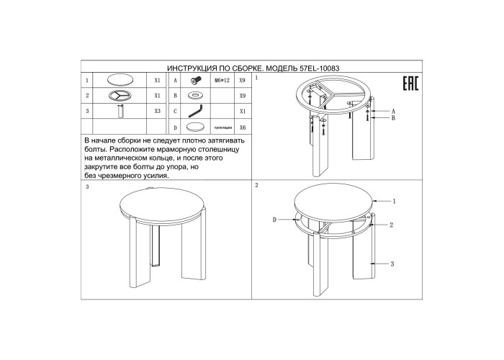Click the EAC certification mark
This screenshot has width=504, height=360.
coord(410,84)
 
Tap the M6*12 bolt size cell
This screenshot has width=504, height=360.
coord(222,81)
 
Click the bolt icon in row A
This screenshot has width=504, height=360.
coord(195,81)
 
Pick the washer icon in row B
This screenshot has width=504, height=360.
coord(195,96)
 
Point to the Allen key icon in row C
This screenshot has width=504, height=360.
coord(196,111)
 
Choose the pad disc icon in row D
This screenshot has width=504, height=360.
coord(196,127)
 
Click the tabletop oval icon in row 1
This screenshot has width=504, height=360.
coord(120,80)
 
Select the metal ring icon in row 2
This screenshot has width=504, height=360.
coord(120,95)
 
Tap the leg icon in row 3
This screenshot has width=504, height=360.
coord(120,111)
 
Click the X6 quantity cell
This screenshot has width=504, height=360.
coord(243,127)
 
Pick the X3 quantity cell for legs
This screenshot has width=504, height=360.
coord(157,111)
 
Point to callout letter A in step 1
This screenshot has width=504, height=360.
coord(393,112)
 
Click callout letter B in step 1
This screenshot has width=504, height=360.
coord(393,118)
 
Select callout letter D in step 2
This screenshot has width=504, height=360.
coord(274,220)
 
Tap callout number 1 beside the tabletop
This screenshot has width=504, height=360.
coord(395,201)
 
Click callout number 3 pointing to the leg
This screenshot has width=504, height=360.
coord(392,264)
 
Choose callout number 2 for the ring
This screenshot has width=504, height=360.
coord(391,225)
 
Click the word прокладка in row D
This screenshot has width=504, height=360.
coord(222,128)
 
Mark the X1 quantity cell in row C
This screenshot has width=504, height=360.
coord(243,111)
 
